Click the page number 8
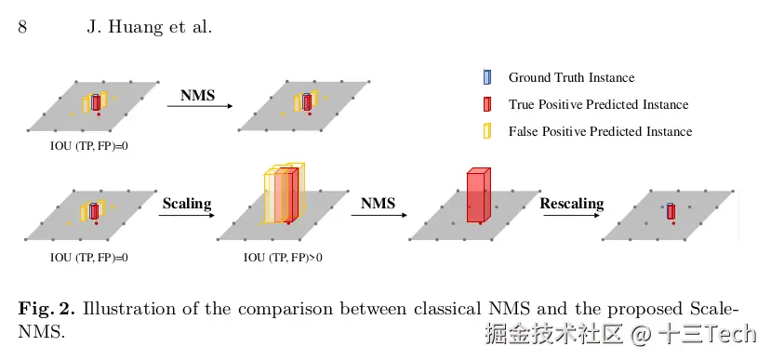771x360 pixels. (22, 27)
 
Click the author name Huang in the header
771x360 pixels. (130, 27)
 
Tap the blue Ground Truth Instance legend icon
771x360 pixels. (486, 77)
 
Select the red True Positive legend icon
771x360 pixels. (486, 104)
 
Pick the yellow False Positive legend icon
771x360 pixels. (486, 131)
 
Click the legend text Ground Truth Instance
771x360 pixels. (571, 78)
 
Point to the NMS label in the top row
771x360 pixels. (198, 95)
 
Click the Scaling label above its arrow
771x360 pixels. (187, 203)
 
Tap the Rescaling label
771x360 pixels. (572, 203)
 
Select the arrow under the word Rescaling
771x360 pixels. (571, 215)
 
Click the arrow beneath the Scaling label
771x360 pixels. (187, 215)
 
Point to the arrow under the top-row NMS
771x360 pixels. (200, 105)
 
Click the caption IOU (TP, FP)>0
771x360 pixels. (284, 258)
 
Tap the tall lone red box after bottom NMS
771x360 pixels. (478, 195)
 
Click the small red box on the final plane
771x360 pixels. (671, 212)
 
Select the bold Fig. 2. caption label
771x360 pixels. (47, 310)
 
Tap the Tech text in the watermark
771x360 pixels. (731, 333)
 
